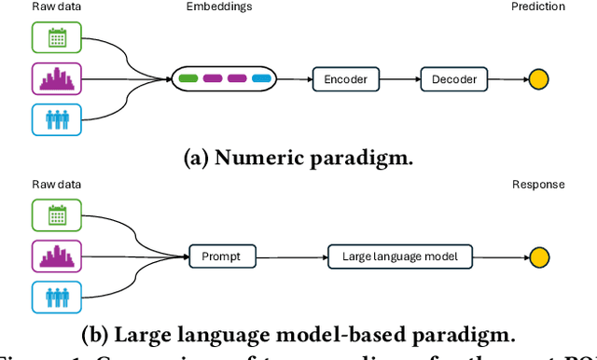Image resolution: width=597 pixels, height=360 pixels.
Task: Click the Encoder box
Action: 346,79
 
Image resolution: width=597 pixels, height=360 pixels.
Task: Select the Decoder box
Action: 454,79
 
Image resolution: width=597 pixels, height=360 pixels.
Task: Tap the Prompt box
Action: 222,256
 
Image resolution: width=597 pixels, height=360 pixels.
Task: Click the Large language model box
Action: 399,256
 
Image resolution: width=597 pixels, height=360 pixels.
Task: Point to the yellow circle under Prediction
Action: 538,79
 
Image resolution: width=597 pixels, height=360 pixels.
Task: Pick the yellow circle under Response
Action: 538,256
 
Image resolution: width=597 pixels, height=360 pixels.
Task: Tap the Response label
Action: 538,185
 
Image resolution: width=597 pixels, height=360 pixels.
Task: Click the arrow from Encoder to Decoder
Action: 400,79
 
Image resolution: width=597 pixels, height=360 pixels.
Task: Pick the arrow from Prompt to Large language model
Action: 291,256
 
